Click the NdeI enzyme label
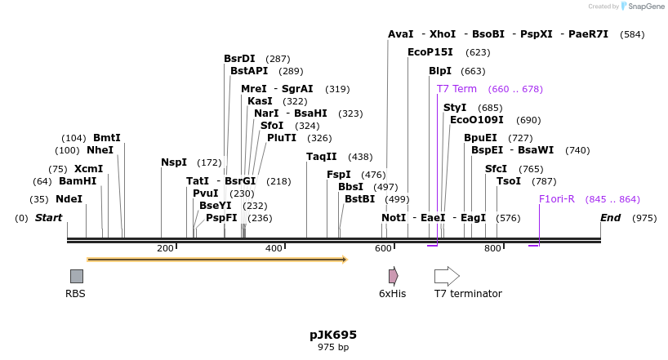point(69,199)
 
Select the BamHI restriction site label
point(77,181)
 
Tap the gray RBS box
point(76,276)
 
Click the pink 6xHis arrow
point(393,276)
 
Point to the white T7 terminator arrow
point(447,276)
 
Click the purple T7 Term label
point(456,89)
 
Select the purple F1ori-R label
point(556,199)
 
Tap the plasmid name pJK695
point(333,335)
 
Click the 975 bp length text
point(333,348)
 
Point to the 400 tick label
point(274,248)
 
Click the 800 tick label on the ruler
point(492,248)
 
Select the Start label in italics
point(48,218)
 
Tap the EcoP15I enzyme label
point(430,52)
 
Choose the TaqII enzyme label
point(321,157)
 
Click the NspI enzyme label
point(173,162)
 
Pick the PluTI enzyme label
point(281,138)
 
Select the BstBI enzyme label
point(359,199)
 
